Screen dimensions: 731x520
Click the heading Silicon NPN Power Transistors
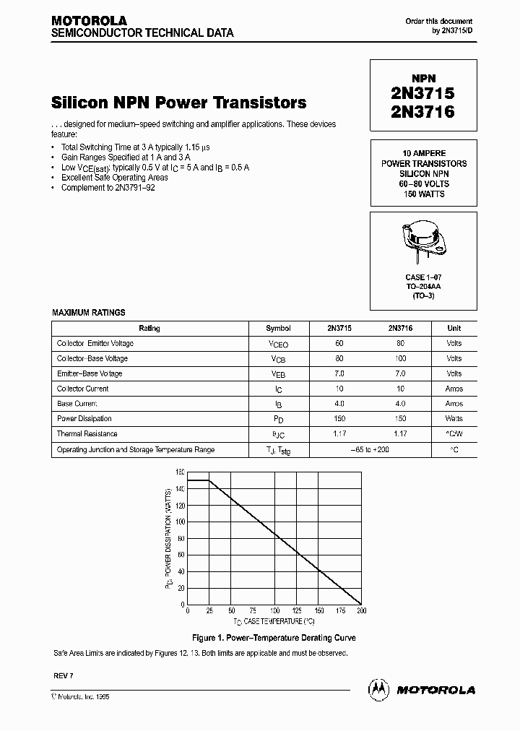point(179,103)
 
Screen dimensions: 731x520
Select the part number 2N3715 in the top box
point(422,94)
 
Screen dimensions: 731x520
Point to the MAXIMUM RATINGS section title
point(89,313)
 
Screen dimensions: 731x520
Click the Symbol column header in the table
point(278,328)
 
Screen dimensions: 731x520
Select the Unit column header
point(454,328)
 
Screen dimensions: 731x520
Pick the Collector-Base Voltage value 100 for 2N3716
point(400,358)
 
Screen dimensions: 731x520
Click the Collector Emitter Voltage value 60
point(339,343)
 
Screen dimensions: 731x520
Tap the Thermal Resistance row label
point(87,434)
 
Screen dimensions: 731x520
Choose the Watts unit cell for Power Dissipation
point(454,419)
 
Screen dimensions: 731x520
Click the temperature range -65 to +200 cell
point(370,450)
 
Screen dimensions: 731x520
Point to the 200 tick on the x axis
point(362,610)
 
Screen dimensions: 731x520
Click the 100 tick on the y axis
point(180,522)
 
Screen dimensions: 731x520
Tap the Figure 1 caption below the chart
point(274,639)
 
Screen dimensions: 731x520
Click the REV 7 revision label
point(64,673)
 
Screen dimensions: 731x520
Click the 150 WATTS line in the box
point(423,194)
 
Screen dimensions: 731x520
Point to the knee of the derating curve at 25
point(209,480)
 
